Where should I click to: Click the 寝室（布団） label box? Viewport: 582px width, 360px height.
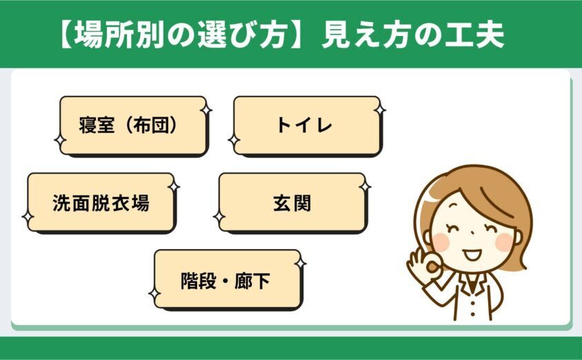[x=133, y=126]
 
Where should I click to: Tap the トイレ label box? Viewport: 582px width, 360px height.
[x=307, y=126]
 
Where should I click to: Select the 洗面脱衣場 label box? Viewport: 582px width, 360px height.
[x=101, y=203]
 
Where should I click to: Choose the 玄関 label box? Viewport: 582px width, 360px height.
[x=292, y=203]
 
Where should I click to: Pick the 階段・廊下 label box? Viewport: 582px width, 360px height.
[x=228, y=280]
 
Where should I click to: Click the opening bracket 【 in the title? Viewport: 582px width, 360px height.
[x=66, y=34]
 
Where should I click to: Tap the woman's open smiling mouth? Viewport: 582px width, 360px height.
[x=472, y=254]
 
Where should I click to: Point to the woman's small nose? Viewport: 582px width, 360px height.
[x=472, y=233]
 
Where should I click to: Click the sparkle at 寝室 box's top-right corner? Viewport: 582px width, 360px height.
[x=206, y=110]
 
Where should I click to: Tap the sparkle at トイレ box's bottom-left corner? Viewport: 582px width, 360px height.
[x=234, y=141]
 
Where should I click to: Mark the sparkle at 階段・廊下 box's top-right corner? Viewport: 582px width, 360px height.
[x=301, y=263]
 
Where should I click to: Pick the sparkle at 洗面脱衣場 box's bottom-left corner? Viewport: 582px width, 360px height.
[x=28, y=217]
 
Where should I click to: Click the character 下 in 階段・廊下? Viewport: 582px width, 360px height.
[x=261, y=281]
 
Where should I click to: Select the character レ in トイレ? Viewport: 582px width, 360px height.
[x=323, y=126]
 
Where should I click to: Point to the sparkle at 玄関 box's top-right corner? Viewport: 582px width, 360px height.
[x=365, y=186]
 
